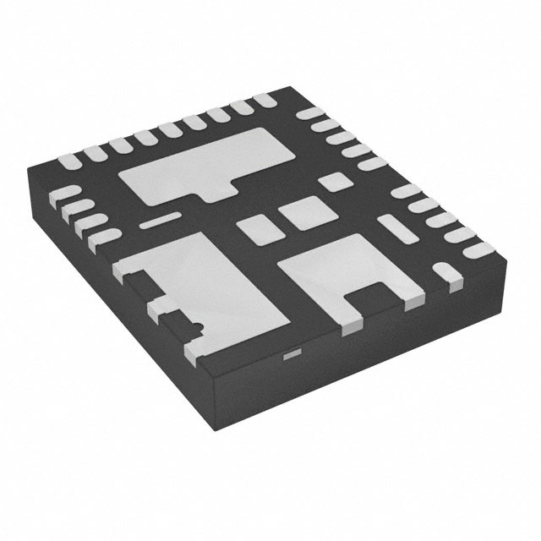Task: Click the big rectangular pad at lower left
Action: [216, 283]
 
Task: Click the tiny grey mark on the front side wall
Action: [290, 355]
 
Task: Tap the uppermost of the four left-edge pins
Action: [63, 194]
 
